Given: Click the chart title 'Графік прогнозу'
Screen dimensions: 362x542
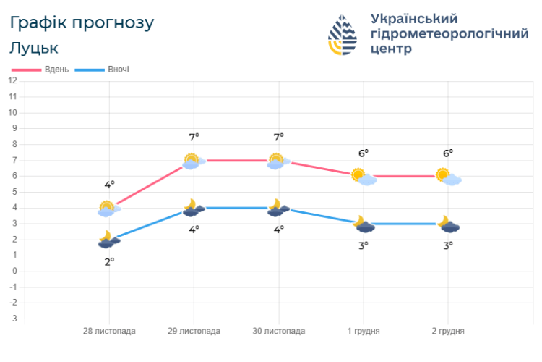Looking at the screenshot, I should [82, 22].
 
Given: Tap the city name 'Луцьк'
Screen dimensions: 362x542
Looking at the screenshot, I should [34, 48].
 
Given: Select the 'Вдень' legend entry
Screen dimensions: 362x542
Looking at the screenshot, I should [41, 70].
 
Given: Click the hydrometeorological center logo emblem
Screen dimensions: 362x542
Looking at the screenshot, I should [343, 35].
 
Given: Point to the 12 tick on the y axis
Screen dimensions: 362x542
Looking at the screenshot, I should [13, 80].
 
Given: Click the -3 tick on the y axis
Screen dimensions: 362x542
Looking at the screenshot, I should [13, 319].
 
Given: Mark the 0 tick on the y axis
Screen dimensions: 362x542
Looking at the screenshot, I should [14, 271].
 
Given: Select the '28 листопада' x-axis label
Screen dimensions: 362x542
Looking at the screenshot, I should [109, 331].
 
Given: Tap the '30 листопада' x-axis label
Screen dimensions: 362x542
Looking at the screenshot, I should [278, 331].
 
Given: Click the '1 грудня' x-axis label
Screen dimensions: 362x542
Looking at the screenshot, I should [364, 331].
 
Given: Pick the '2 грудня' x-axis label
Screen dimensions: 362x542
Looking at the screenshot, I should [448, 331].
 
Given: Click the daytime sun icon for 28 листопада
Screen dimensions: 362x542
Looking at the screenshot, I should [108, 209].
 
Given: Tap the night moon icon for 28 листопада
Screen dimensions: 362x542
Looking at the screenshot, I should [108, 240].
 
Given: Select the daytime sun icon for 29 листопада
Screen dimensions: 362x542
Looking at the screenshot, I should [193, 161].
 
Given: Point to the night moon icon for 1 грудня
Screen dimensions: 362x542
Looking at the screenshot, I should [364, 224].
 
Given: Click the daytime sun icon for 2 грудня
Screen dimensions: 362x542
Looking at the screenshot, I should [448, 177].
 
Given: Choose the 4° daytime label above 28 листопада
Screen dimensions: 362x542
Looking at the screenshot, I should [109, 185].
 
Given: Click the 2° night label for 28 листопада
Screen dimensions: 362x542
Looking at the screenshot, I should [109, 261].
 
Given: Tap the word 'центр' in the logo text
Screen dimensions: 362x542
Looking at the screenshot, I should [391, 49].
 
